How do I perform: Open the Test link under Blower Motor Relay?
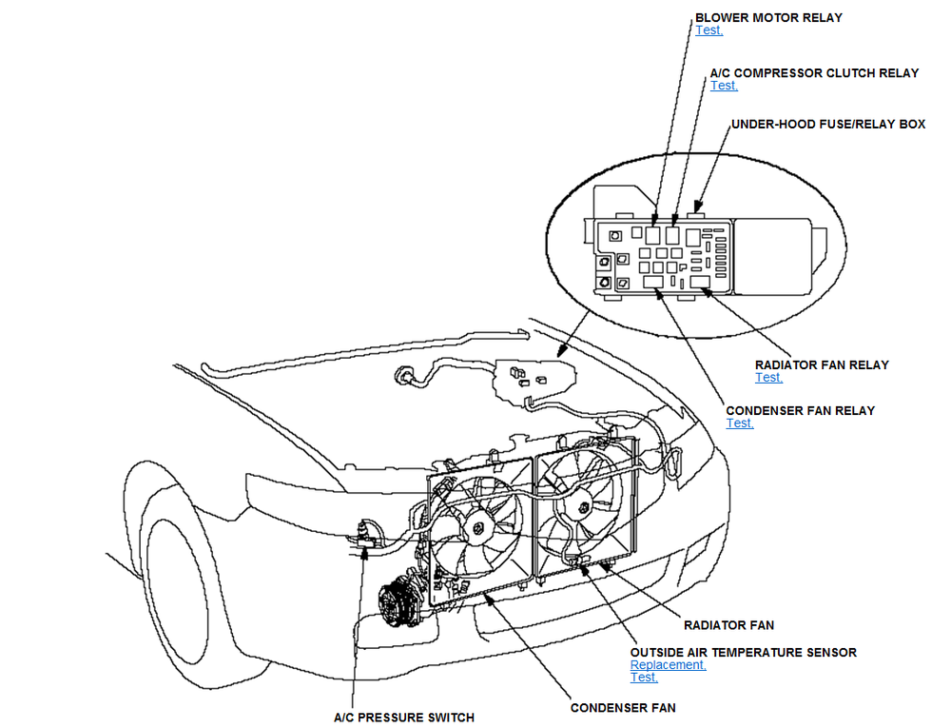tap(708, 30)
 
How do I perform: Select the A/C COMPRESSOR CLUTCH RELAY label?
tap(814, 72)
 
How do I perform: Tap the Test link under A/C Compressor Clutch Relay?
tap(724, 86)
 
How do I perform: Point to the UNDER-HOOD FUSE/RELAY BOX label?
tap(828, 125)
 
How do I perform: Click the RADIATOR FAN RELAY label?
tap(822, 364)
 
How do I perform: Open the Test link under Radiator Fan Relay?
tap(768, 378)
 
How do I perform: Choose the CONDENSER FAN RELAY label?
tap(800, 410)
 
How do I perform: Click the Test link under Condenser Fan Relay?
tap(740, 423)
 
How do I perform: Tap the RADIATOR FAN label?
tap(728, 625)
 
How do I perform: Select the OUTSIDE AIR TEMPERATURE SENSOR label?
tap(743, 652)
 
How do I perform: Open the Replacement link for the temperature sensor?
tap(668, 665)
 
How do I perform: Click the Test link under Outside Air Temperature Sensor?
tap(644, 678)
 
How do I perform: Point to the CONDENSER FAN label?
tap(623, 708)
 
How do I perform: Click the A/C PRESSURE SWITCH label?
tap(403, 718)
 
